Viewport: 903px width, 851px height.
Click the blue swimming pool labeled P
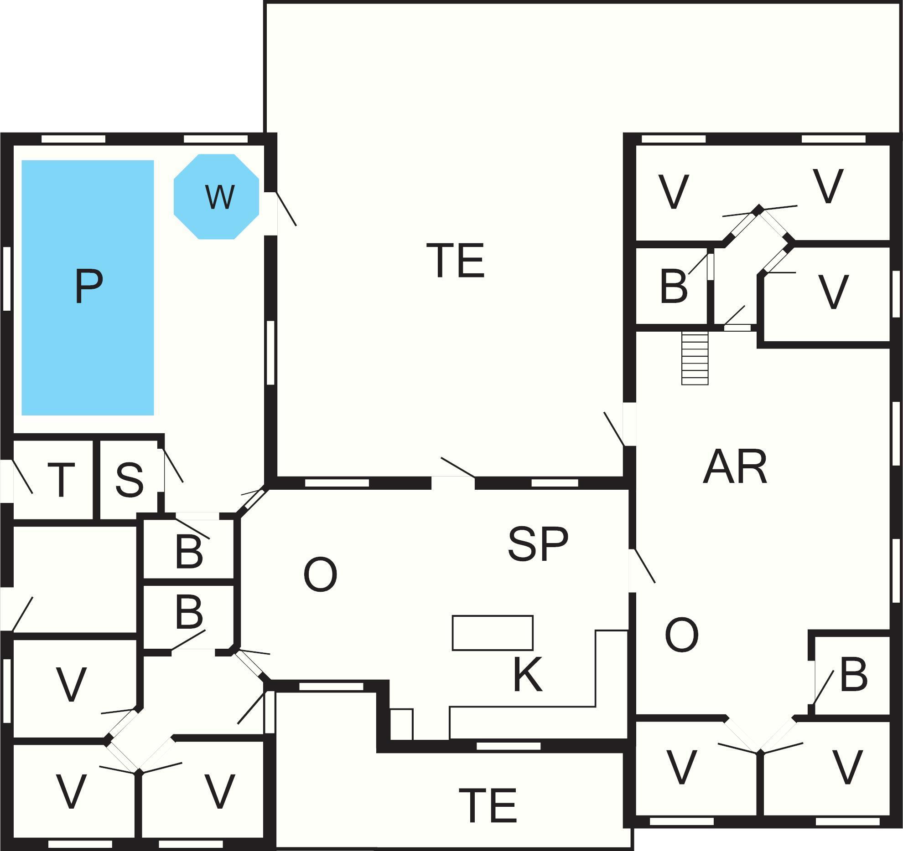88,287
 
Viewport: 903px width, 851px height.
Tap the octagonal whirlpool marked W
217,197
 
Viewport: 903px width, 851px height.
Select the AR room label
735,467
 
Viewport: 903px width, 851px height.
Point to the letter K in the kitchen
527,675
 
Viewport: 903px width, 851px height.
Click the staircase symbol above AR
695,358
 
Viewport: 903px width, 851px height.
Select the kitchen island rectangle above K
493,633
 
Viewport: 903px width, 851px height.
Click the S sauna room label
130,480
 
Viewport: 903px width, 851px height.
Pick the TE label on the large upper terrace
456,261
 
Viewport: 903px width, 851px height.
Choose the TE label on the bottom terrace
488,805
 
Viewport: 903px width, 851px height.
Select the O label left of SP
320,574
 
